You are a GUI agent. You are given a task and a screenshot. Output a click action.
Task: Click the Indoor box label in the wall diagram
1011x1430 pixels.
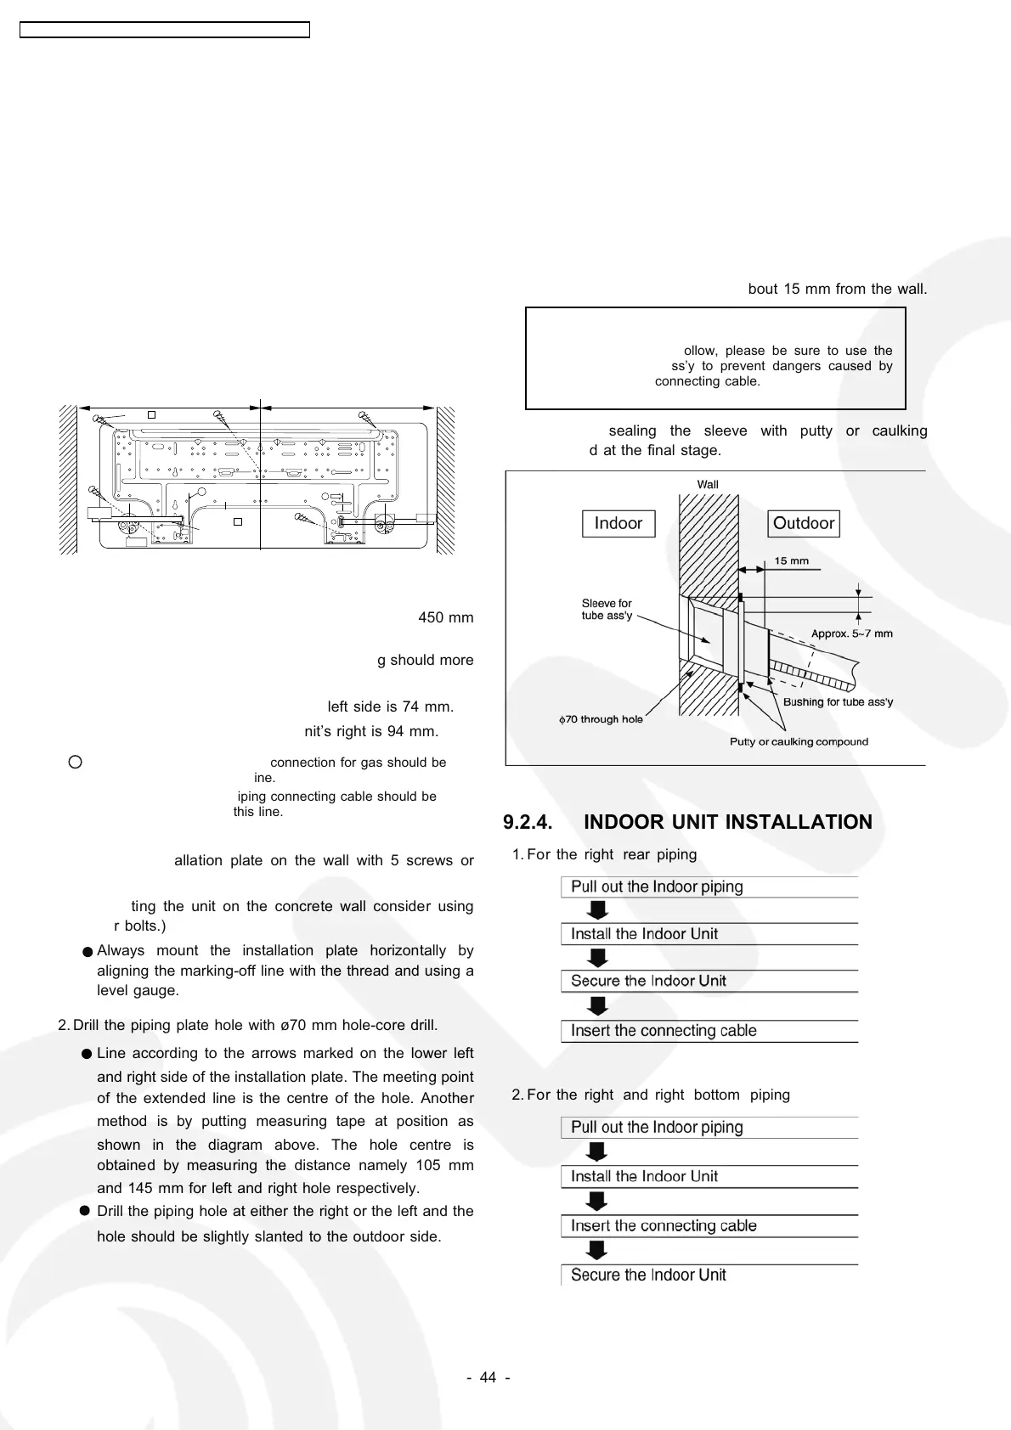pos(618,523)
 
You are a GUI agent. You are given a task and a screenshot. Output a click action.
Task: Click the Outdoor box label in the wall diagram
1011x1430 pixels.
pos(804,523)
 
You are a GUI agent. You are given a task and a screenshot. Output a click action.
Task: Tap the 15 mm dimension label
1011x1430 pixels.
pos(792,560)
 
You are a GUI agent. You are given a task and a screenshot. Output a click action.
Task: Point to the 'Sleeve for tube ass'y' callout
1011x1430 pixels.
pos(607,609)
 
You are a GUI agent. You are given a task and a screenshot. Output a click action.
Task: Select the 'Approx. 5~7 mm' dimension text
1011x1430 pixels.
pos(851,633)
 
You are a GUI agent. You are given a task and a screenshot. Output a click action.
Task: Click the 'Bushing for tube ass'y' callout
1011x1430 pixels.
pos(838,702)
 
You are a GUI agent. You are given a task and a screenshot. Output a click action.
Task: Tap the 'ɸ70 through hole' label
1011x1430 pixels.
pos(601,719)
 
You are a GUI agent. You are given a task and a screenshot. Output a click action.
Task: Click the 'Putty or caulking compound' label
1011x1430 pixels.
pos(799,741)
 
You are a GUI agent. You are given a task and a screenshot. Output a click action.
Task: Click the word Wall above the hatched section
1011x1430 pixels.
pos(708,484)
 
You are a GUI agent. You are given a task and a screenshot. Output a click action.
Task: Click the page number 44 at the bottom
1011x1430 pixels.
pos(488,1377)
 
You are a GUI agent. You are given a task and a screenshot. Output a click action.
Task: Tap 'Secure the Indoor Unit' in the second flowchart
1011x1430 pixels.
pos(648,1275)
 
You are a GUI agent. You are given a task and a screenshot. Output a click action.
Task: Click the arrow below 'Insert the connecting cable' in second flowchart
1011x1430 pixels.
pos(598,1250)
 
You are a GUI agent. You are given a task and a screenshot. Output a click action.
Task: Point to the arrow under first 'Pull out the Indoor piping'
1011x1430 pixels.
pos(598,910)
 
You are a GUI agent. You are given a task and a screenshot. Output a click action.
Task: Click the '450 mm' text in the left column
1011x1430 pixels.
pos(445,617)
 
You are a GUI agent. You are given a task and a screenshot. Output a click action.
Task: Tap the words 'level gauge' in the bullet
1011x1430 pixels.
pos(126,990)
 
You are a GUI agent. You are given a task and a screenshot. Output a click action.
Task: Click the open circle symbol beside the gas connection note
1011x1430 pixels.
pos(75,762)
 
